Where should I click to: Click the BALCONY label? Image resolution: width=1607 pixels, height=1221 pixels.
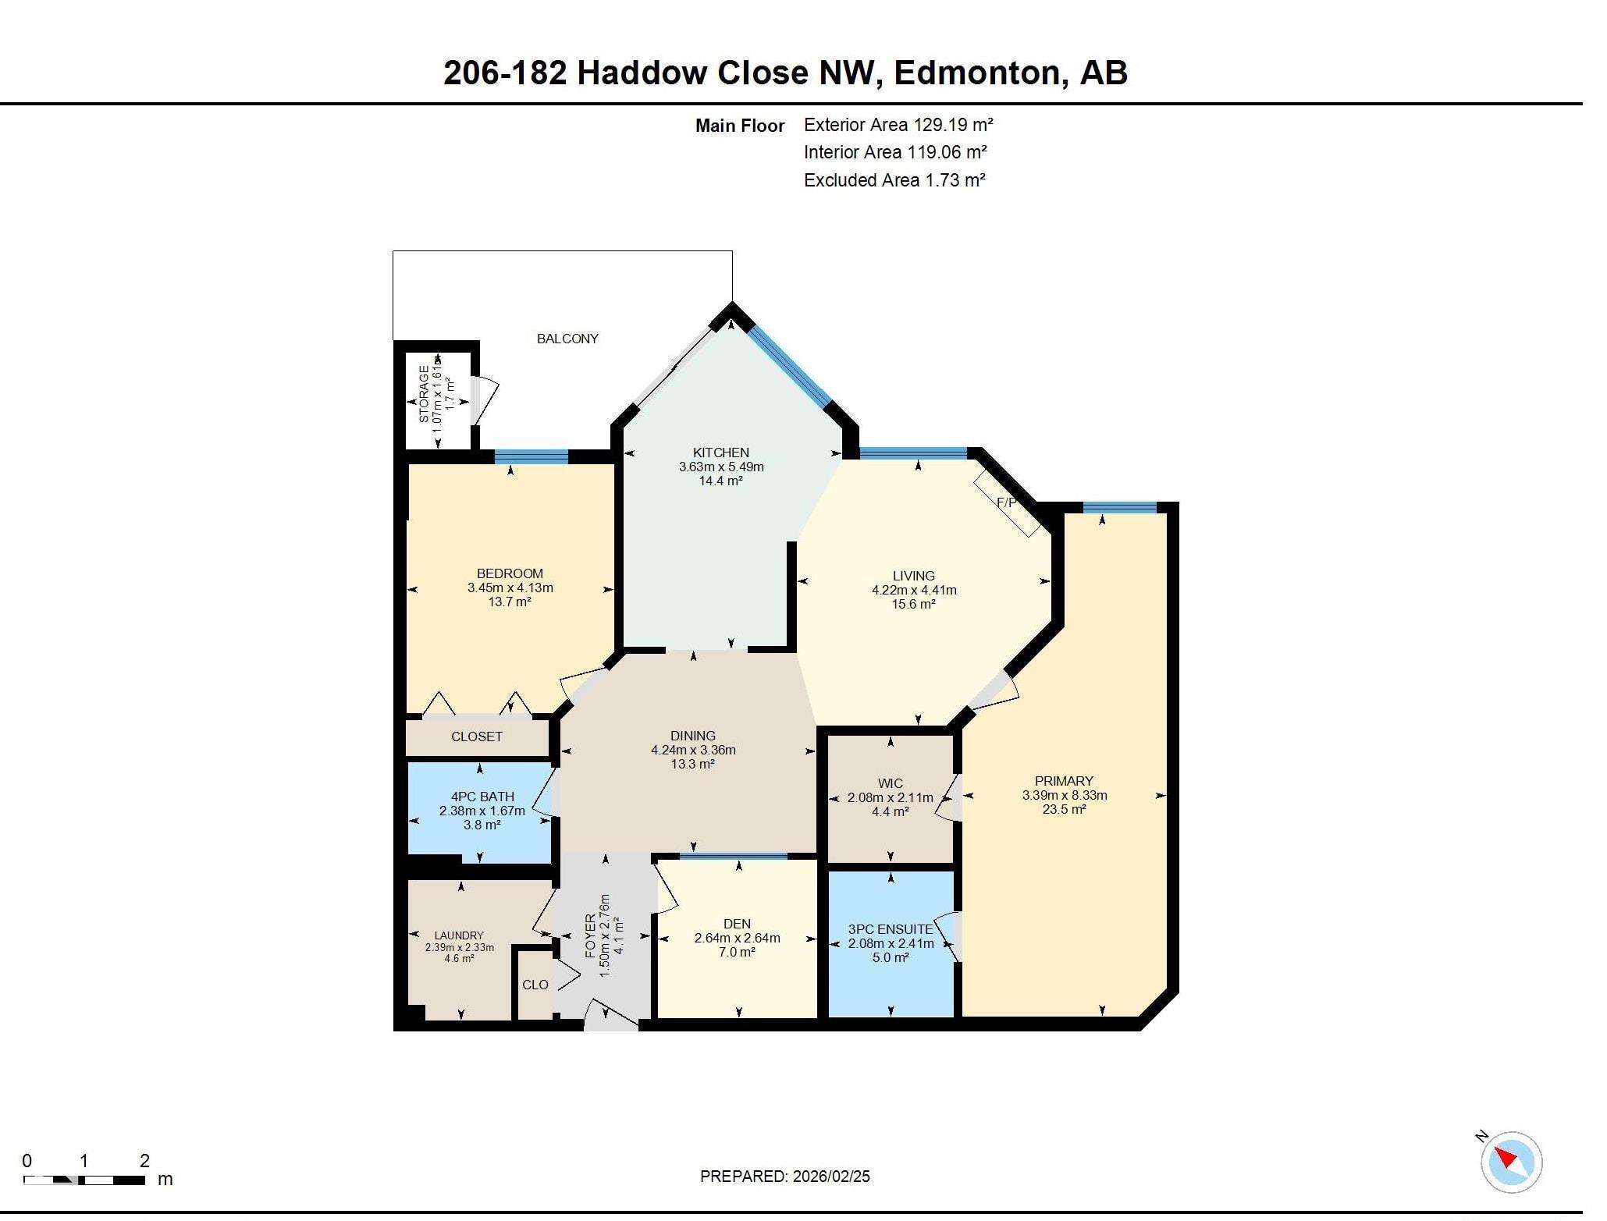click(x=567, y=339)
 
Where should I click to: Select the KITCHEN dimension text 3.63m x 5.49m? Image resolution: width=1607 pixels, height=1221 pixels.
click(x=721, y=467)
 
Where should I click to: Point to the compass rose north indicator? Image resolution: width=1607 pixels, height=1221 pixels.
click(x=1511, y=1162)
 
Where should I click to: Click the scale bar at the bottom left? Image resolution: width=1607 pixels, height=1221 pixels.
click(x=84, y=1180)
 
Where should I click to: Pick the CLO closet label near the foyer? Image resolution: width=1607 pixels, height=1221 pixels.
click(x=535, y=985)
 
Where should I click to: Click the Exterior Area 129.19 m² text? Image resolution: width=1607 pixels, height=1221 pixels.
click(x=898, y=125)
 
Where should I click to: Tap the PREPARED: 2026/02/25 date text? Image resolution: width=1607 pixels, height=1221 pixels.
click(x=784, y=1177)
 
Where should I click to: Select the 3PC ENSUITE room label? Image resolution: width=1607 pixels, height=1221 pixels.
click(x=891, y=929)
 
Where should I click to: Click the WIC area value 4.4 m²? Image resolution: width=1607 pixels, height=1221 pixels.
click(x=891, y=811)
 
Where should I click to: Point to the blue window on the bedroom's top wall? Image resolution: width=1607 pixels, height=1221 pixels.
click(x=532, y=456)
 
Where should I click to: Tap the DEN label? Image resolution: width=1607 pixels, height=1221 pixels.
click(x=737, y=924)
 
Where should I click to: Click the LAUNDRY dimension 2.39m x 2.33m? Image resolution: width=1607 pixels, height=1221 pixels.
click(x=459, y=947)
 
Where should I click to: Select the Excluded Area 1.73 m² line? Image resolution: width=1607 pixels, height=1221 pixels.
click(x=894, y=180)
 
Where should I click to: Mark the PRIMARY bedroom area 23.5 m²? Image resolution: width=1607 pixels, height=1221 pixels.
click(x=1064, y=809)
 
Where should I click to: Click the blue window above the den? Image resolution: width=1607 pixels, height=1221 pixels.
click(x=733, y=857)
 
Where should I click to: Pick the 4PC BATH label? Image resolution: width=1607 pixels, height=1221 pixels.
click(x=482, y=797)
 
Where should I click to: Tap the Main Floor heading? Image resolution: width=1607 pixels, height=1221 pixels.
click(x=740, y=126)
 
